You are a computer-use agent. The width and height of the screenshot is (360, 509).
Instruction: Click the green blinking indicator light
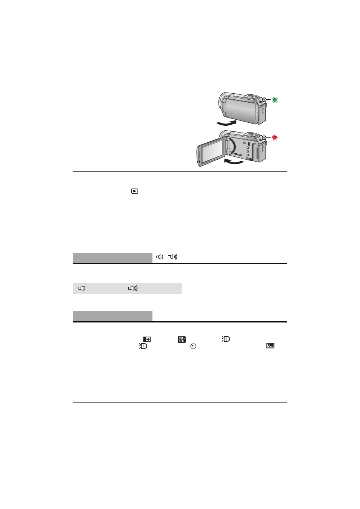tap(275, 100)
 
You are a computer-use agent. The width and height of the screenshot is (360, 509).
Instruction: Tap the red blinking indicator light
tap(275, 138)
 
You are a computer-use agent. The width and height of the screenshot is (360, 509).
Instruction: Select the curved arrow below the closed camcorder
tap(226, 123)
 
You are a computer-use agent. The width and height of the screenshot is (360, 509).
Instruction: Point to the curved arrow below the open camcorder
tap(234, 162)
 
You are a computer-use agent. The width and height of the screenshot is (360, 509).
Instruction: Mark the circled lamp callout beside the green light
tap(264, 100)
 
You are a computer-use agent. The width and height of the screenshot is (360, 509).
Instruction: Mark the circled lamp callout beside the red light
tap(264, 138)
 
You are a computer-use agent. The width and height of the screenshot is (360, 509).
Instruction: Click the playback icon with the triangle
tap(134, 191)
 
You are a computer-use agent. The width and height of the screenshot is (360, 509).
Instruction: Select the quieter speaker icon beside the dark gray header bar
tap(160, 257)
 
